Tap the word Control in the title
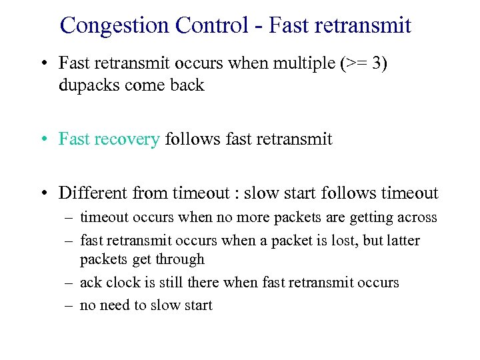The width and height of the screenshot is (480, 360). [209, 25]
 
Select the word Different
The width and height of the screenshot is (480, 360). [94, 193]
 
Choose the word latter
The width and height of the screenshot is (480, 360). [403, 240]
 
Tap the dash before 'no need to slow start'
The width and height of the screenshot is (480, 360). [69, 305]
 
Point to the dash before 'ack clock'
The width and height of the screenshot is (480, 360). [69, 283]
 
